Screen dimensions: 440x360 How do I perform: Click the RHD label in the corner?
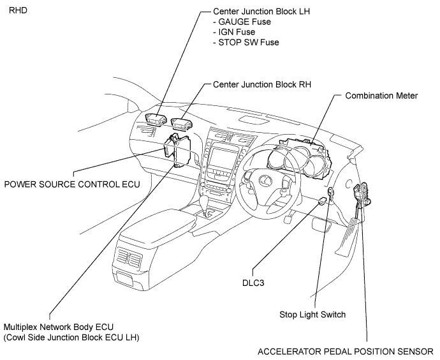[18, 11]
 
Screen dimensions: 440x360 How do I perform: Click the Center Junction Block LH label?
[261, 11]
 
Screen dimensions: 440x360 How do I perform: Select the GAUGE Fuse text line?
[242, 22]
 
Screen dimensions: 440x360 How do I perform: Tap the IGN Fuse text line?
[234, 32]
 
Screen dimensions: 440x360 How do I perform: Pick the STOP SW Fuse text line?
[246, 42]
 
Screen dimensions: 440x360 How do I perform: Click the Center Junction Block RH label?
[262, 84]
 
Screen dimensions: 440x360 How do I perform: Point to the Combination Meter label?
[381, 96]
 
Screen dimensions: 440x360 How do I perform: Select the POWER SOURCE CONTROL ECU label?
[72, 184]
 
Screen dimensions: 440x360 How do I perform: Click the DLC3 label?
[253, 283]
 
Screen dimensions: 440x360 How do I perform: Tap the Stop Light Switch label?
[312, 315]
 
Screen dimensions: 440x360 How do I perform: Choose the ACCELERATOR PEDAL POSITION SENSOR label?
[346, 352]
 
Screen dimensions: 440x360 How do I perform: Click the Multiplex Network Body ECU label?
[59, 327]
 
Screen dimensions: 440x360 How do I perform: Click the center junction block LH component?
[154, 119]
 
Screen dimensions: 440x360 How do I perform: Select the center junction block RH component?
[181, 124]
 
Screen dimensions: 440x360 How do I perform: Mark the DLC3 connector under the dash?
[321, 201]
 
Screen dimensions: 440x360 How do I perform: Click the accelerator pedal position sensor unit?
[363, 193]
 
